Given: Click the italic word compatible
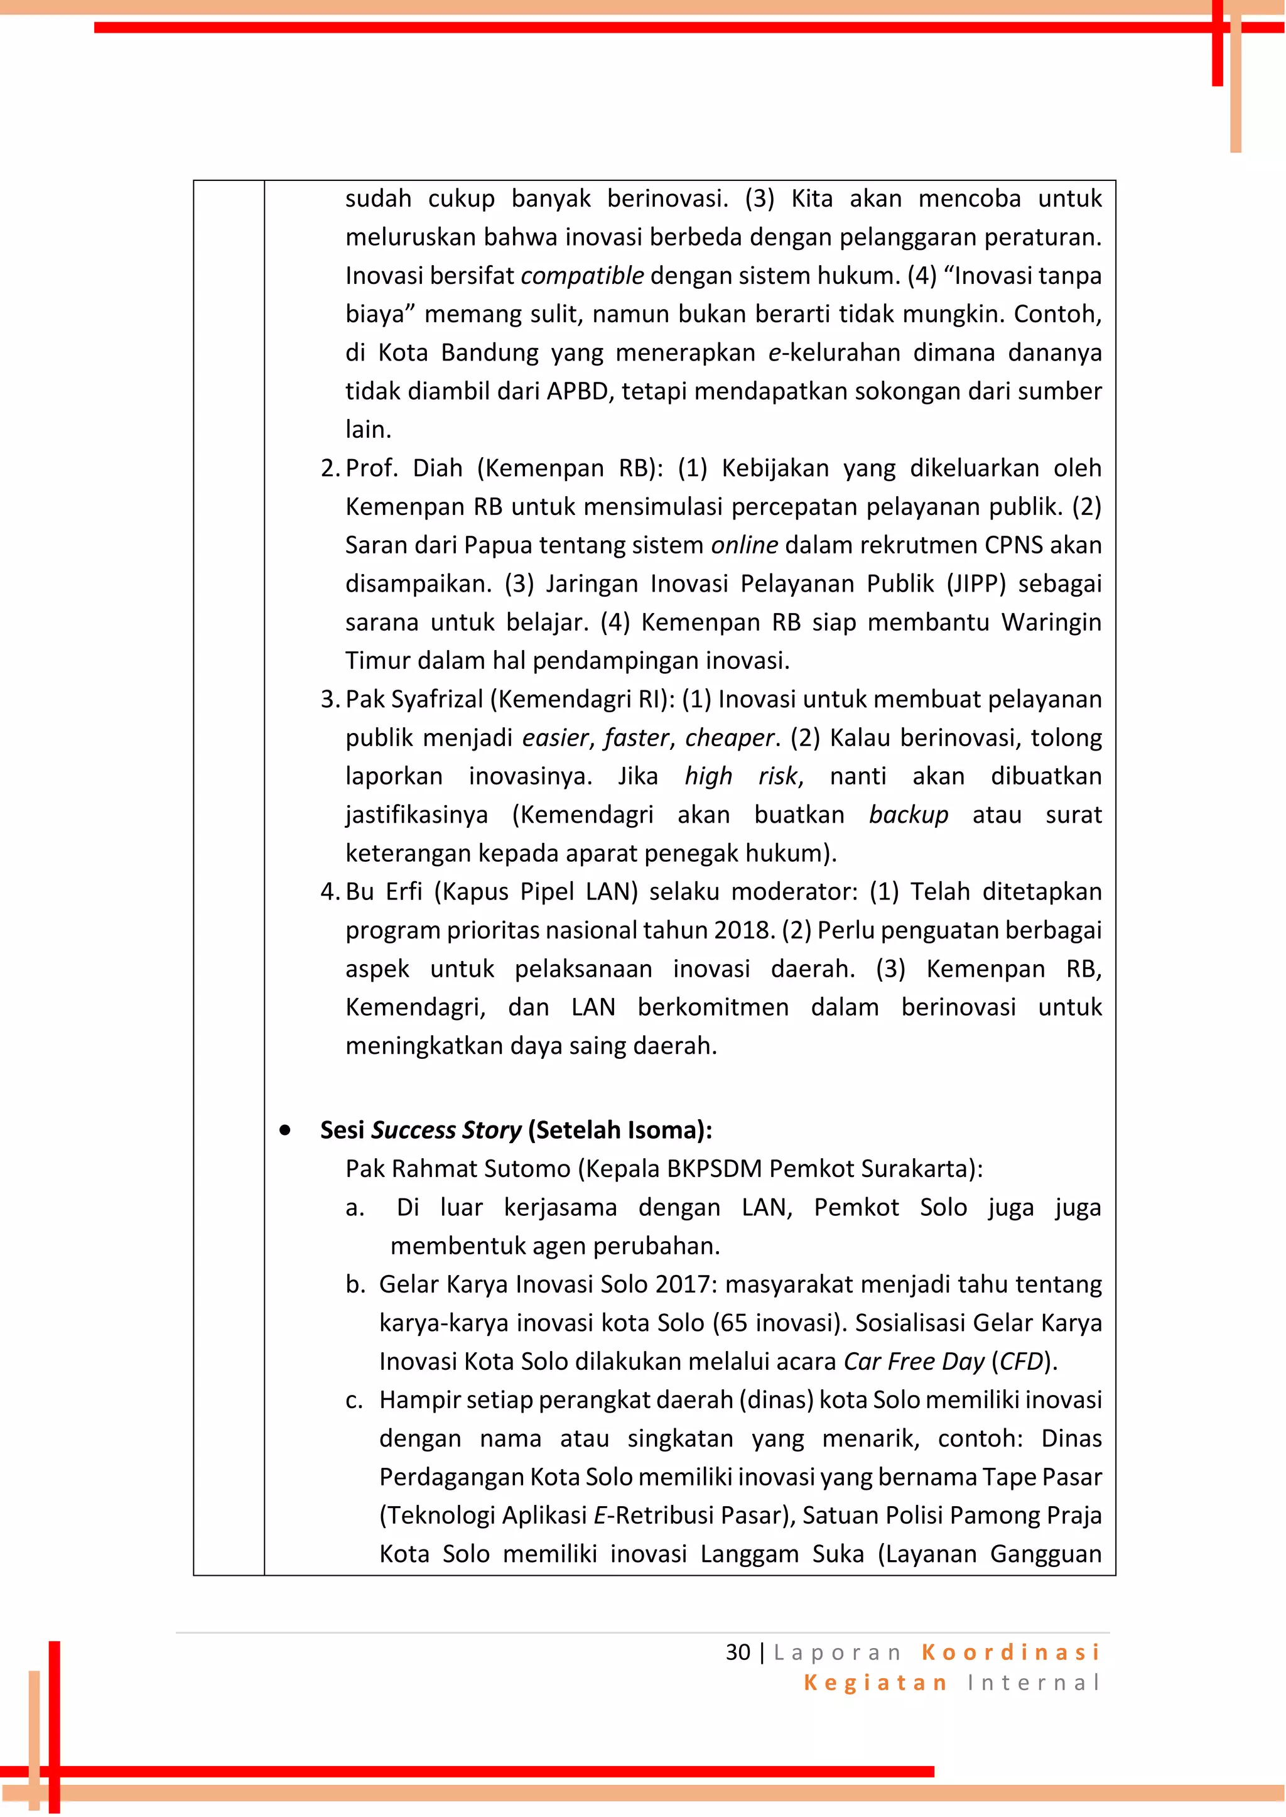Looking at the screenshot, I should (582, 276).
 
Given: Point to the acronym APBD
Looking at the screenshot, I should (579, 391).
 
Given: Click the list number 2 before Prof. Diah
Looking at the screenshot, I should (328, 468).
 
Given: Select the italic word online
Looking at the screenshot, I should (744, 545).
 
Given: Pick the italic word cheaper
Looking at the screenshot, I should (728, 737).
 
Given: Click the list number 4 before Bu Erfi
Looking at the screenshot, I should (328, 892).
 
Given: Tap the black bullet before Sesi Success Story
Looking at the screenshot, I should (284, 1131).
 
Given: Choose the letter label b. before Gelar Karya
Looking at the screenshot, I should (355, 1285).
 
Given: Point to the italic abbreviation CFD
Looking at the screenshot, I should (1021, 1362).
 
